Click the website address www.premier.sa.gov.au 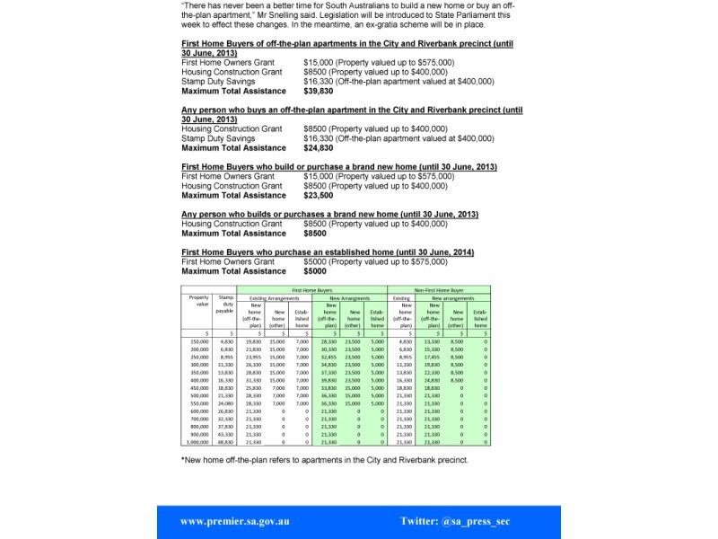[235, 521]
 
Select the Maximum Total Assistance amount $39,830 [319, 91]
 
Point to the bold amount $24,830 [319, 148]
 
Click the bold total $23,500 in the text [319, 195]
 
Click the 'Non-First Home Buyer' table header [439, 290]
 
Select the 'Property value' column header [197, 301]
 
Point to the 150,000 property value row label [198, 342]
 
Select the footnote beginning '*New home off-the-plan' [325, 460]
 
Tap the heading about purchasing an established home [328, 252]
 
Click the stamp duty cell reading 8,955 [227, 358]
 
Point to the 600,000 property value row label [198, 411]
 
